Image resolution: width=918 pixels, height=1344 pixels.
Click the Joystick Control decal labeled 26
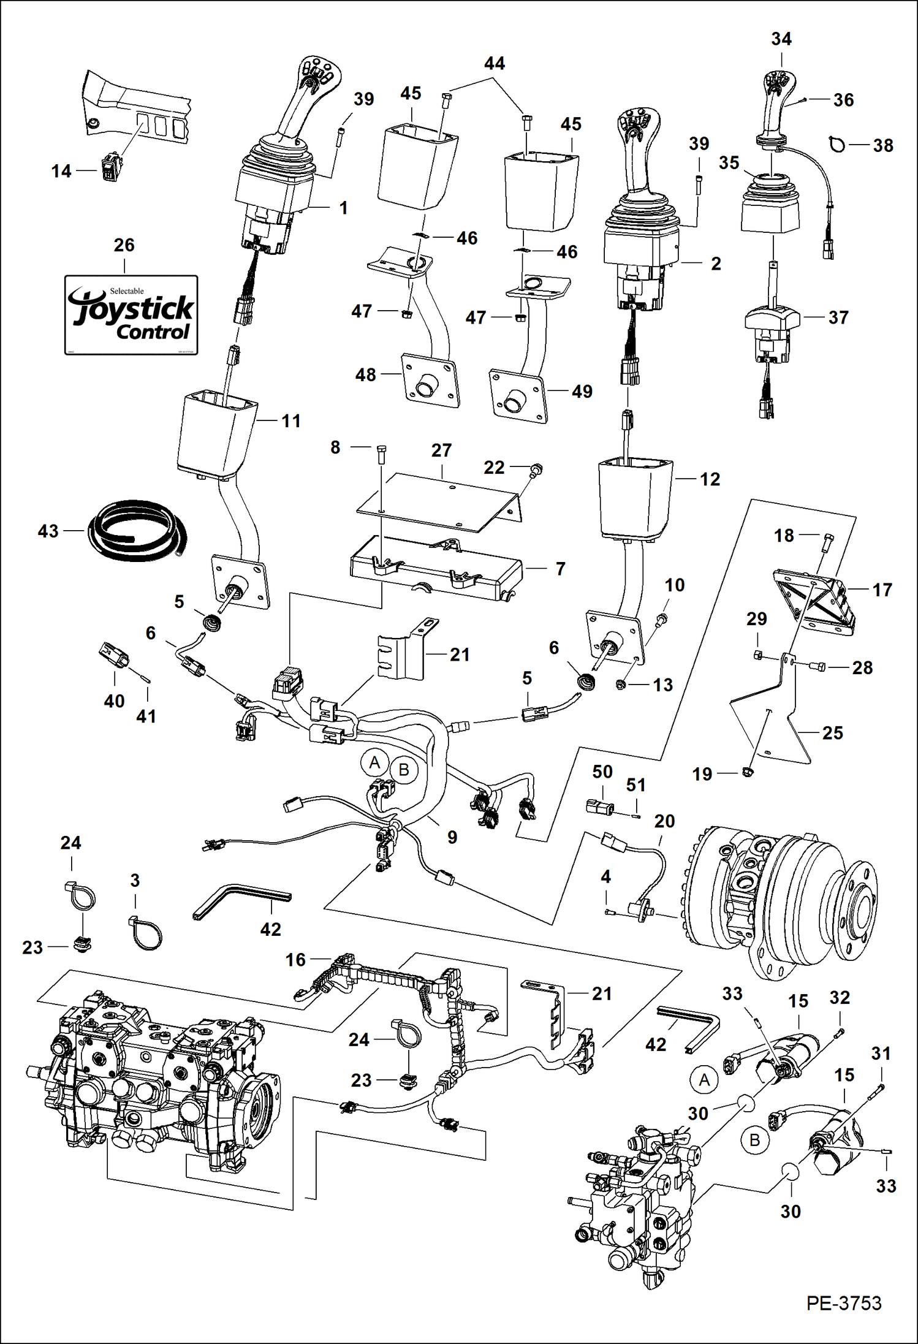click(131, 314)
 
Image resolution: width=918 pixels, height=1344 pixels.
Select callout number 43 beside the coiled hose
click(48, 531)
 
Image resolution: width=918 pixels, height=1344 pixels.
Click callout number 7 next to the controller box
click(560, 569)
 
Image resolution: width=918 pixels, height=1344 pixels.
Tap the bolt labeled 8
click(381, 455)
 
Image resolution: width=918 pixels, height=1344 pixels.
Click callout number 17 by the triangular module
click(882, 590)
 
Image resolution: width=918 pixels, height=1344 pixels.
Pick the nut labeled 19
click(747, 772)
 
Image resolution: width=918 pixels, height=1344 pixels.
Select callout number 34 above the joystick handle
click(781, 39)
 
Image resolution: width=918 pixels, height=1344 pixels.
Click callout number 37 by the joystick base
click(838, 317)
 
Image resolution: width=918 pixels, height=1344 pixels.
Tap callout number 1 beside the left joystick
click(343, 208)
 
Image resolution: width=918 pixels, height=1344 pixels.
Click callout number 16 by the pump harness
click(295, 960)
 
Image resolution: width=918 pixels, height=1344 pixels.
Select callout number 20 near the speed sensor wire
click(664, 821)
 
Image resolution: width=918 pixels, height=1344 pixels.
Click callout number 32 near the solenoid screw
click(840, 997)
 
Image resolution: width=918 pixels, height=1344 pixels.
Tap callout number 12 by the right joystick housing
click(710, 479)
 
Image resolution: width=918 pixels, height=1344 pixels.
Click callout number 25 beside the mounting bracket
click(832, 732)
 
